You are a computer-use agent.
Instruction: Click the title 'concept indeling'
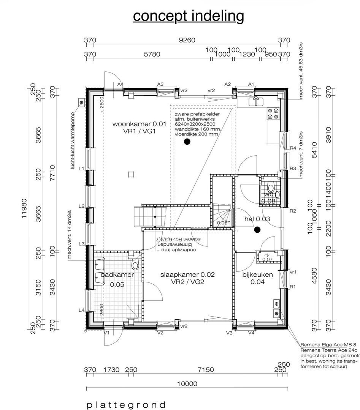(x=188, y=16)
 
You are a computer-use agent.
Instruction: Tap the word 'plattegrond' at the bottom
(x=126, y=405)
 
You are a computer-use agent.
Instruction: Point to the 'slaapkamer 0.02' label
(x=188, y=274)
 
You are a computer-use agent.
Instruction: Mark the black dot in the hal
(x=257, y=229)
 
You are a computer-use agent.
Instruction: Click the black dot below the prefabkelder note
(x=187, y=142)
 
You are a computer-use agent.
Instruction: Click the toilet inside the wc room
(x=271, y=188)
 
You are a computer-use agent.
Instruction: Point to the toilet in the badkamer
(x=135, y=264)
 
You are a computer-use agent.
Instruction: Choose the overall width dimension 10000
(x=187, y=383)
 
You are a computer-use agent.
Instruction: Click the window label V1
(x=107, y=333)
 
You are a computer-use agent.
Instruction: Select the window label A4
(x=120, y=84)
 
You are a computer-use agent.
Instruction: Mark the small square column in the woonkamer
(x=131, y=174)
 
